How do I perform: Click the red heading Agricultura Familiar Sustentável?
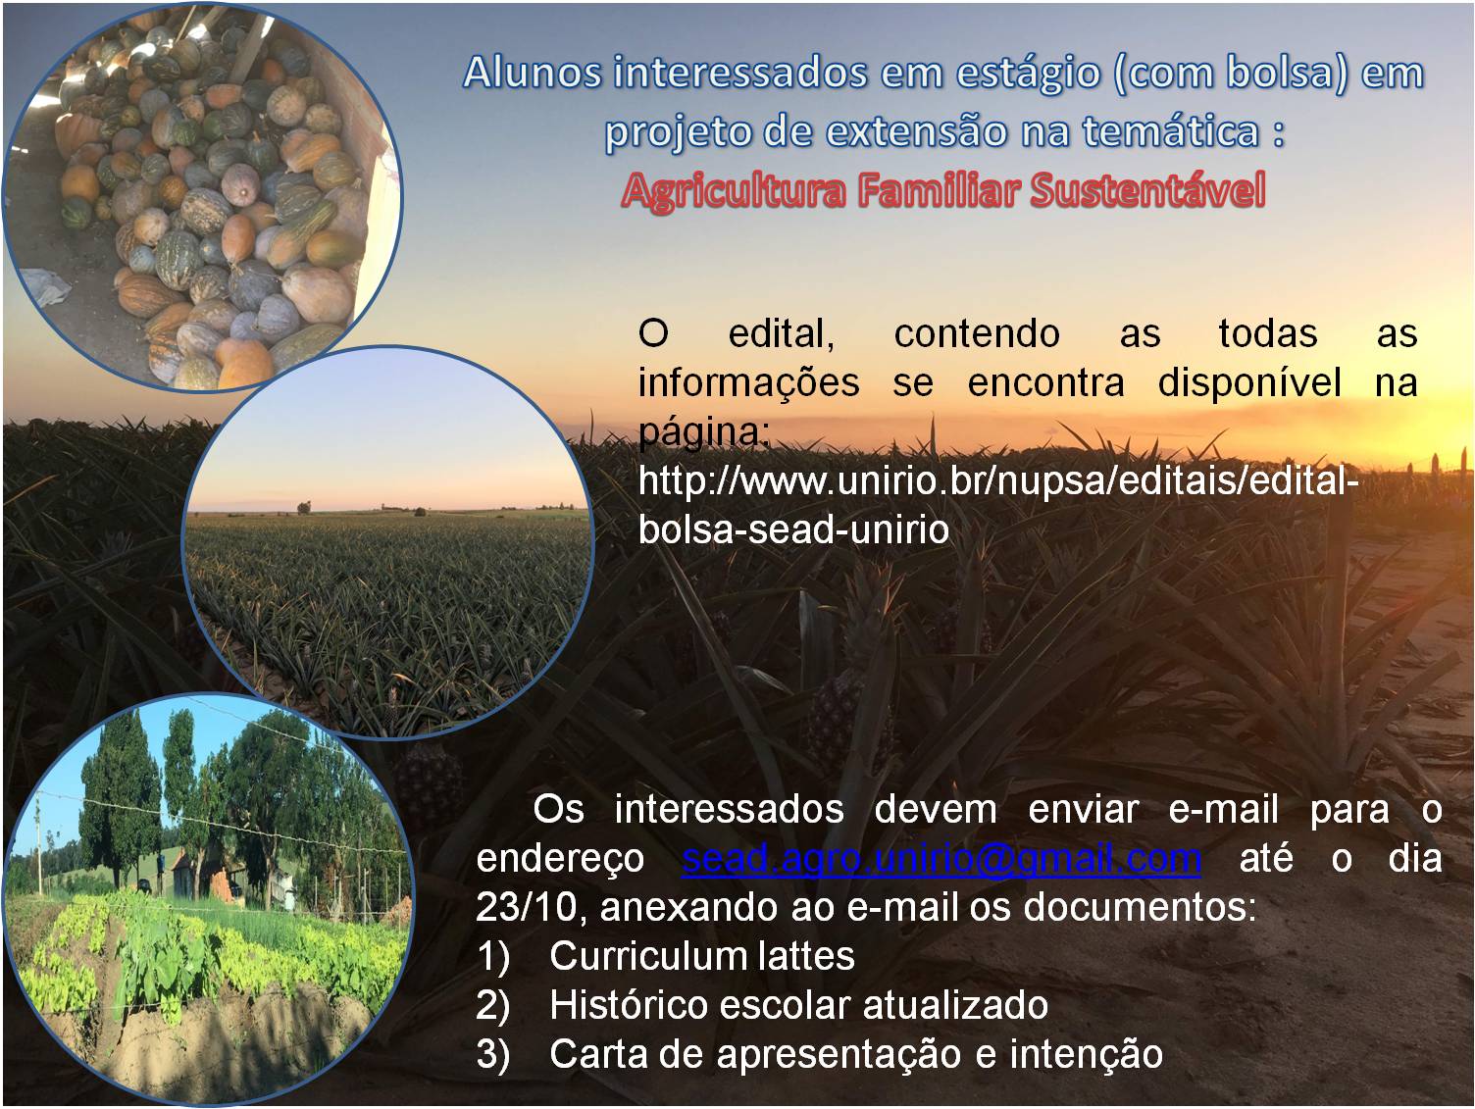943,190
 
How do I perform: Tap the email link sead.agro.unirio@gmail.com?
941,859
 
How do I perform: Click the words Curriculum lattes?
702,956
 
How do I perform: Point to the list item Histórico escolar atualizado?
799,1005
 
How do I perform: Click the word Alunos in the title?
533,73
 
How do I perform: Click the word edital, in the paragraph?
782,333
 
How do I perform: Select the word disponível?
1249,382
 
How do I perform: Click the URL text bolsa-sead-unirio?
793,529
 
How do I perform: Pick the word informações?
748,383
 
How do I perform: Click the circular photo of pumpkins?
202,197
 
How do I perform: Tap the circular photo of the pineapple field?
387,543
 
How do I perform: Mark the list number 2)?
493,1006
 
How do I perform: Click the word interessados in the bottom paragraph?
729,810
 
